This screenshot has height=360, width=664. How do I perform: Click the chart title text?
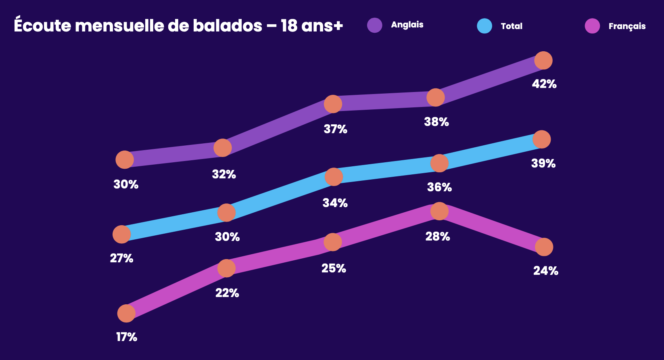click(x=178, y=26)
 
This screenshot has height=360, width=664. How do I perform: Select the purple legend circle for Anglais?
click(x=374, y=25)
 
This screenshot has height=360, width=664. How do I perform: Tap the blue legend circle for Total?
click(x=484, y=26)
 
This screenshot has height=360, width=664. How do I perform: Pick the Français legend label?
click(x=627, y=26)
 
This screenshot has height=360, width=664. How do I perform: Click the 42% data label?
click(x=544, y=84)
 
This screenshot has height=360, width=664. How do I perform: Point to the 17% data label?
click(x=127, y=337)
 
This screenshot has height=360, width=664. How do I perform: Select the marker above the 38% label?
click(x=436, y=98)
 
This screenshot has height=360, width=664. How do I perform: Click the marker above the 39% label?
click(x=541, y=139)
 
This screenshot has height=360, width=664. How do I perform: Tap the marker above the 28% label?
click(x=439, y=211)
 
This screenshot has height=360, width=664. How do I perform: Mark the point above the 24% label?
click(x=544, y=247)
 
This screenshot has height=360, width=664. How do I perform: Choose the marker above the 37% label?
click(x=333, y=104)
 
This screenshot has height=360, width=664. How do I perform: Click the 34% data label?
click(x=335, y=203)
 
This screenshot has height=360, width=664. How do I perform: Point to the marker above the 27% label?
click(x=121, y=234)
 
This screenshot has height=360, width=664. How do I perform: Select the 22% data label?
click(x=227, y=293)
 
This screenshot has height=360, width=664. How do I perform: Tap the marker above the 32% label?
click(x=222, y=148)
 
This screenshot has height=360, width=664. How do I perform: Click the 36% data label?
click(x=439, y=187)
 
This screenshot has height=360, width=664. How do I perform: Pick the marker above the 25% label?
click(x=333, y=242)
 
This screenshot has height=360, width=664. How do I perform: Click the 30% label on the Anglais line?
click(x=126, y=184)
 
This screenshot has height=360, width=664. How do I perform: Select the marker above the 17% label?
click(x=126, y=313)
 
